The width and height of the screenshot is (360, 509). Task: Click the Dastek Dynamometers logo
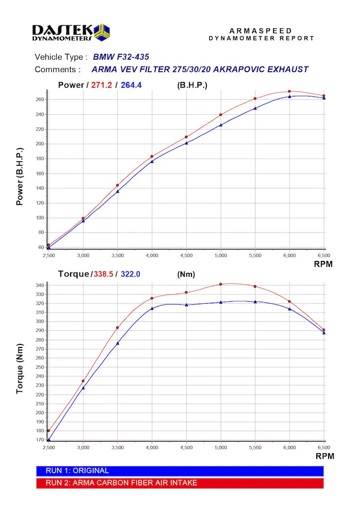tap(71, 33)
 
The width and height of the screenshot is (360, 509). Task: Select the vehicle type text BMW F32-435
tap(121, 57)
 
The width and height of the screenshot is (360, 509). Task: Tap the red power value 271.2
tap(101, 85)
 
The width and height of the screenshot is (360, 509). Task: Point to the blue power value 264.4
tap(131, 85)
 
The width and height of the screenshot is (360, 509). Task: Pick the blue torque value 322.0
tap(131, 274)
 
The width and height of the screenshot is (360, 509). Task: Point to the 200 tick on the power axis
tap(40, 144)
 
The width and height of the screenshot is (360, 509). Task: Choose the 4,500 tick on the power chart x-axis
tap(186, 255)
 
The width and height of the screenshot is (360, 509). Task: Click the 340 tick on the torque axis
tap(40, 285)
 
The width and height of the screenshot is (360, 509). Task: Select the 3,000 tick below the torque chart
tap(83, 448)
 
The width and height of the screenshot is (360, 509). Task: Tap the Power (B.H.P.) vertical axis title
tap(20, 176)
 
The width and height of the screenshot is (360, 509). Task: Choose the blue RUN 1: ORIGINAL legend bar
tap(180, 471)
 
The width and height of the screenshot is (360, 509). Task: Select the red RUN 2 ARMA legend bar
tap(180, 483)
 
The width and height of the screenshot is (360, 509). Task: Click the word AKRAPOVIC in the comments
tap(248, 70)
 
